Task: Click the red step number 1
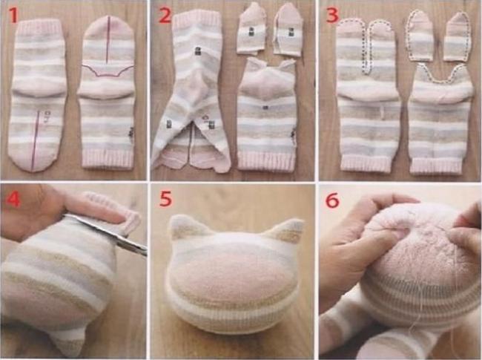[13, 16]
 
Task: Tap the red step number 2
[165, 16]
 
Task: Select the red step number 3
[333, 16]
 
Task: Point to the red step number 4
[13, 199]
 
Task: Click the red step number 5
[165, 199]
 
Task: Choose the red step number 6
[332, 200]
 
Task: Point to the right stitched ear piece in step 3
[458, 36]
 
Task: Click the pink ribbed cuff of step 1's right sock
[108, 157]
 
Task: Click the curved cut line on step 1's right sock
[108, 71]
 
